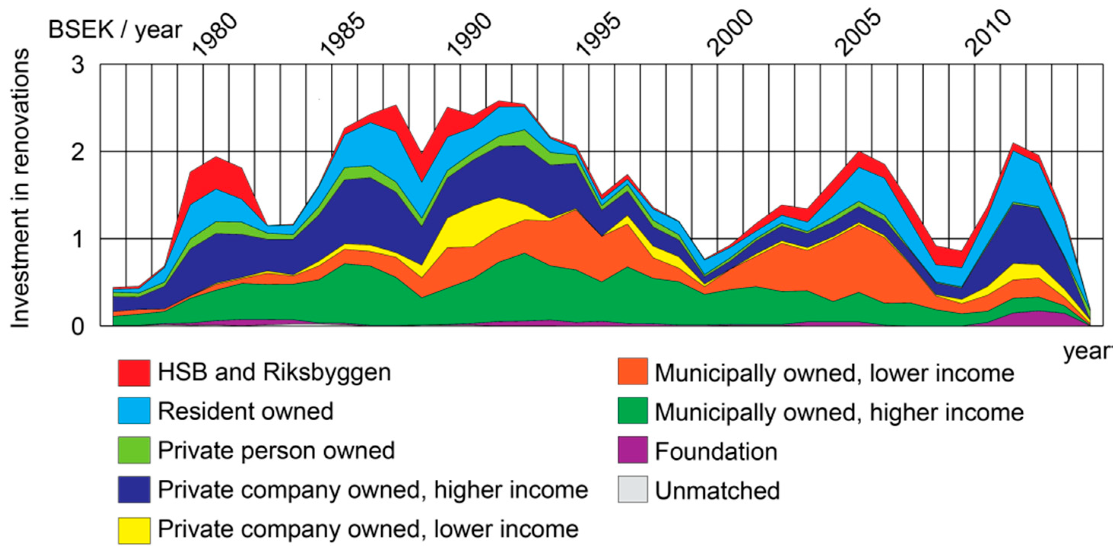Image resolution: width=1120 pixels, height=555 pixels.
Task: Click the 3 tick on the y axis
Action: click(78, 65)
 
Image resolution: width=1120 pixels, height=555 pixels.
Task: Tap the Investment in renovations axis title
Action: click(21, 188)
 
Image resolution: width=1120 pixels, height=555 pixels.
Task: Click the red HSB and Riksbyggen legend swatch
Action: click(134, 373)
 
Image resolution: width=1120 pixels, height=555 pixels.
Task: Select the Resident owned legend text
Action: click(245, 411)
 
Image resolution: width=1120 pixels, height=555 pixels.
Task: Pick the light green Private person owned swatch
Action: click(134, 450)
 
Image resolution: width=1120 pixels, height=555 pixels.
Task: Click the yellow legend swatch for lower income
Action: click(134, 530)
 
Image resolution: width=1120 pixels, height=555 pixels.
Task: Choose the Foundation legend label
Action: click(715, 452)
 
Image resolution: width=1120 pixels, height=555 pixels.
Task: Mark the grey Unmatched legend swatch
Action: click(633, 489)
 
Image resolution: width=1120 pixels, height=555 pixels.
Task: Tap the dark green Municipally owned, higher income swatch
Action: click(633, 411)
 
